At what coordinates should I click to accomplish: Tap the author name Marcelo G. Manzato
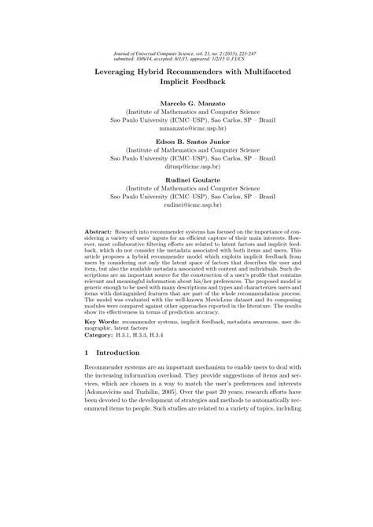point(186,104)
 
